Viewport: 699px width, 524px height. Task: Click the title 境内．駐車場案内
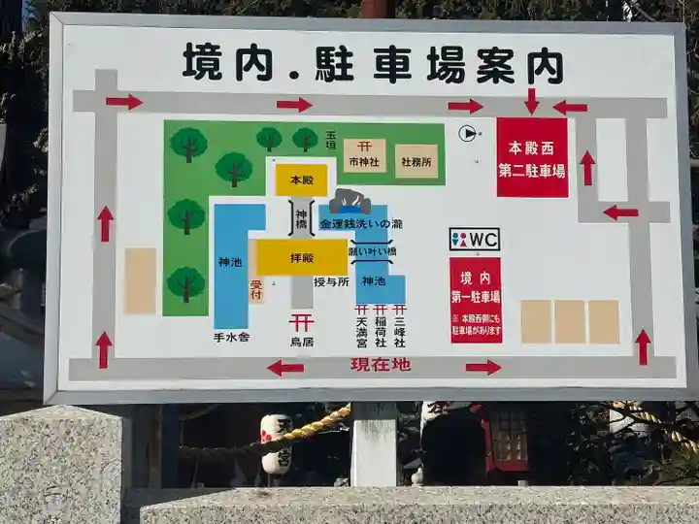373,63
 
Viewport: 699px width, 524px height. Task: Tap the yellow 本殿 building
301,180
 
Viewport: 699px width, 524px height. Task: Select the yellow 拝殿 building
301,257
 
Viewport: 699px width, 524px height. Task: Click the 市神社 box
364,155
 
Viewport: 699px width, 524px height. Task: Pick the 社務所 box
416,160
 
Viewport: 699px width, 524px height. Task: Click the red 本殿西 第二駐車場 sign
532,157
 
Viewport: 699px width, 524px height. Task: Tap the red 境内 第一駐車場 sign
476,299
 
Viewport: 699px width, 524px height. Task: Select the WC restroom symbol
474,239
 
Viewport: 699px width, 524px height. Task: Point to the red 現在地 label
381,365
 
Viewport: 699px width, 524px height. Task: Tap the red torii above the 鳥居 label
301,322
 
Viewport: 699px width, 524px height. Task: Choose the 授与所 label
332,282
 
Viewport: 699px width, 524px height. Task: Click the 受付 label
256,289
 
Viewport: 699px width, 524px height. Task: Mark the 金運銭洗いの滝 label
360,224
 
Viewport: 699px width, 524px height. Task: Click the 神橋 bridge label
302,219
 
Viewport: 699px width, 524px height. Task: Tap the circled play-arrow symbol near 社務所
468,134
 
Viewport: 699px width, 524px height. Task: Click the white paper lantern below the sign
276,444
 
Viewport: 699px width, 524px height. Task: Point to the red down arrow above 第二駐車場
531,101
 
